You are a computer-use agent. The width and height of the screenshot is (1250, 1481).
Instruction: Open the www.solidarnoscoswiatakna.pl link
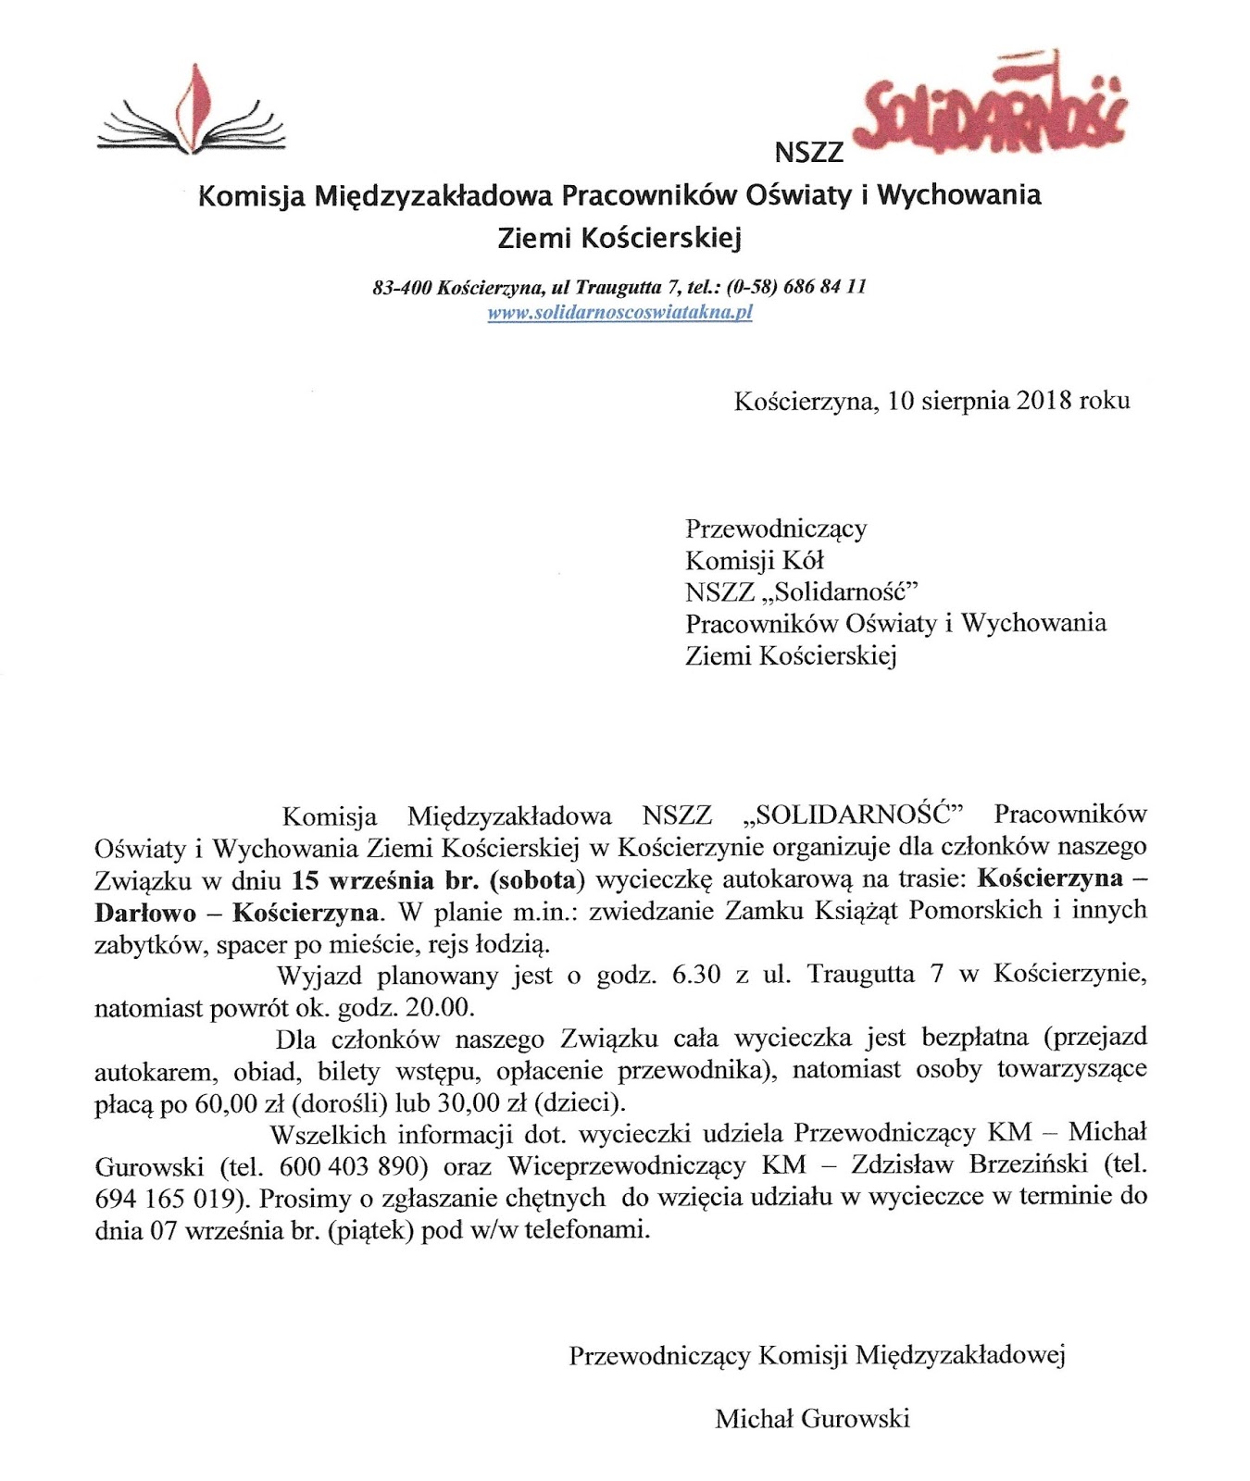click(x=619, y=313)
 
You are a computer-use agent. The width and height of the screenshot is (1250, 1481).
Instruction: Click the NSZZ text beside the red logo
click(x=808, y=153)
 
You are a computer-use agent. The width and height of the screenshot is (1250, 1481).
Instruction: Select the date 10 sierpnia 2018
click(x=980, y=401)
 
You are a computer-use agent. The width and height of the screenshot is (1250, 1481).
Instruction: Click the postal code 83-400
click(x=402, y=288)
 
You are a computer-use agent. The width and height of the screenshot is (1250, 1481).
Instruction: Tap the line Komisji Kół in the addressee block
click(x=754, y=560)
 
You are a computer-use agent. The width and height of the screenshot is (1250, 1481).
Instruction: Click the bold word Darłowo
click(x=145, y=913)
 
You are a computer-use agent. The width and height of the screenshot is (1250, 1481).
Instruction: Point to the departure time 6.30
click(x=696, y=975)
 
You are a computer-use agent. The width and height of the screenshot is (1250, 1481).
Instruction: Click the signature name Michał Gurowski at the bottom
click(x=812, y=1418)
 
